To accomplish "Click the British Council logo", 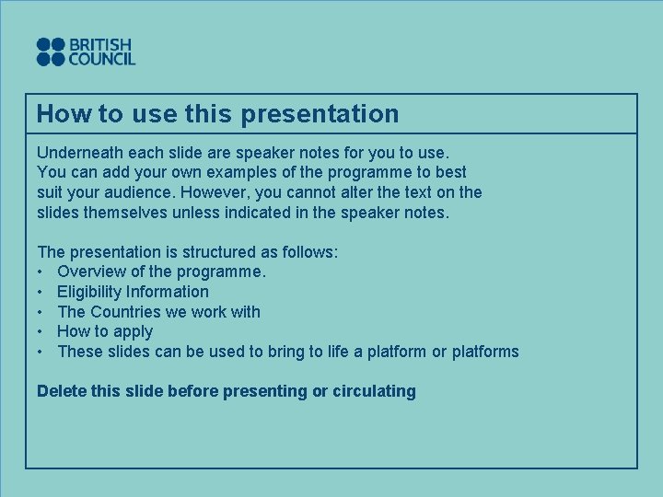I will tap(86, 52).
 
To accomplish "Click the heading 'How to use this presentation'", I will tap(217, 114).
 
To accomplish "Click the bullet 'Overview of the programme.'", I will tap(161, 272).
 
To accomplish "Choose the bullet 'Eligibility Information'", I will tap(133, 292).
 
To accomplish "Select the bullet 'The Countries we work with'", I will tap(158, 312).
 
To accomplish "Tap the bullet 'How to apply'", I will tap(105, 331).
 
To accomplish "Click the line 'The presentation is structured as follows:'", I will tap(187, 251).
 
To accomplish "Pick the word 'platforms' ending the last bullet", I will tap(485, 352).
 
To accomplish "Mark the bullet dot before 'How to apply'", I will tap(41, 332).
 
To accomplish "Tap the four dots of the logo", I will tap(51, 52).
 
